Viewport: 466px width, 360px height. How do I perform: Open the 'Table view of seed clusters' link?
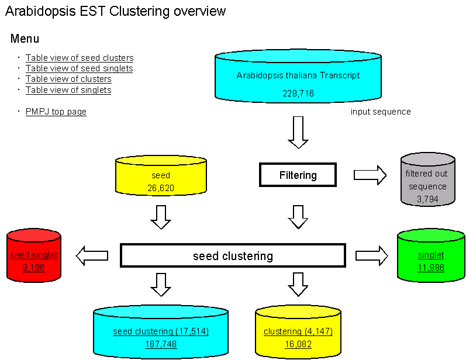point(80,58)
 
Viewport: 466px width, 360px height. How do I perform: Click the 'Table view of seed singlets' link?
point(79,68)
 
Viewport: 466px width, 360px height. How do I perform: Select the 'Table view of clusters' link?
point(68,79)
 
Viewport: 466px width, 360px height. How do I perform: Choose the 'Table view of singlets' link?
point(68,90)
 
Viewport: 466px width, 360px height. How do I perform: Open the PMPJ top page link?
point(56,112)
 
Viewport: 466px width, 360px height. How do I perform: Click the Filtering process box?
point(298,175)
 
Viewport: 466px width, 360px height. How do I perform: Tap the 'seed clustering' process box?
point(233,256)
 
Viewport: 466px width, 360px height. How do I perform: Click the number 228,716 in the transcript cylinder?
point(298,94)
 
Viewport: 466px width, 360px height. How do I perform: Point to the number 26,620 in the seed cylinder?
point(161,188)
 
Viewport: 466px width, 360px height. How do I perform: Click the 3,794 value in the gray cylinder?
point(427,199)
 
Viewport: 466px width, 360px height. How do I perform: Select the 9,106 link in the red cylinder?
point(33,268)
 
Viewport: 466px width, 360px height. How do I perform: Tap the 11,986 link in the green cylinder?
point(431,268)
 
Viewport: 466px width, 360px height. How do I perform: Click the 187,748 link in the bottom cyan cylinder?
point(161,344)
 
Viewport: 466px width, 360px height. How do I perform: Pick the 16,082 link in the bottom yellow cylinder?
point(298,344)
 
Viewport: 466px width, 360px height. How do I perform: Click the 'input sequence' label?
point(381,112)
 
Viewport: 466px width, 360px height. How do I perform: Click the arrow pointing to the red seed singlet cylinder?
point(92,255)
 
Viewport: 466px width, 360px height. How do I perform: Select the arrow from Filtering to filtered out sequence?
point(370,175)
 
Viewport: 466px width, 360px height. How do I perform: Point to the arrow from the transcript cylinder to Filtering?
point(298,132)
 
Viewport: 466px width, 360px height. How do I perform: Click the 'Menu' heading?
point(25,39)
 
